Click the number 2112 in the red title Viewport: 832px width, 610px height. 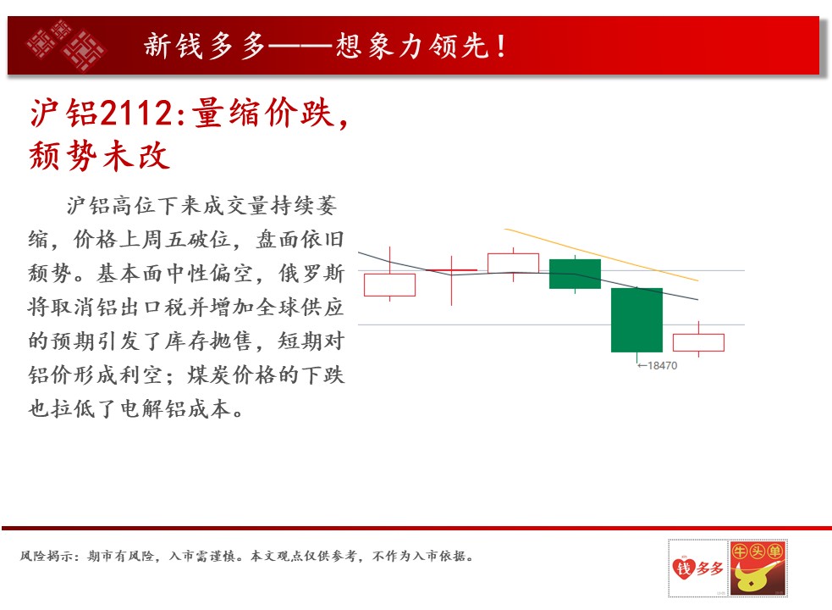(x=136, y=114)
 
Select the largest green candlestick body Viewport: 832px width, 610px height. (x=636, y=320)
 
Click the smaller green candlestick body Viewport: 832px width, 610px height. (x=575, y=274)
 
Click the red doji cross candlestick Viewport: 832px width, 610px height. (x=452, y=271)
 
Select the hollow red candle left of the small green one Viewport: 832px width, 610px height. (x=513, y=263)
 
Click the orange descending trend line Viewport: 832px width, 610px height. (x=601, y=254)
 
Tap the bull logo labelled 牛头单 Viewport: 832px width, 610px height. (x=758, y=568)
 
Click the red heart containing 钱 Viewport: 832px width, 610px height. (x=683, y=568)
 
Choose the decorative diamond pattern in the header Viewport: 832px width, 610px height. (x=66, y=45)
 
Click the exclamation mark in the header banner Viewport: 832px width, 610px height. (x=501, y=46)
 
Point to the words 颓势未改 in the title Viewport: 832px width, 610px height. (x=99, y=156)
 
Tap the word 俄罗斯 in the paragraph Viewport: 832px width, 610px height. (x=311, y=273)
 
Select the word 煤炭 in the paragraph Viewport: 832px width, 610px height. (x=209, y=375)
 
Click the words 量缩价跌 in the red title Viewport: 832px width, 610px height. (x=262, y=114)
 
